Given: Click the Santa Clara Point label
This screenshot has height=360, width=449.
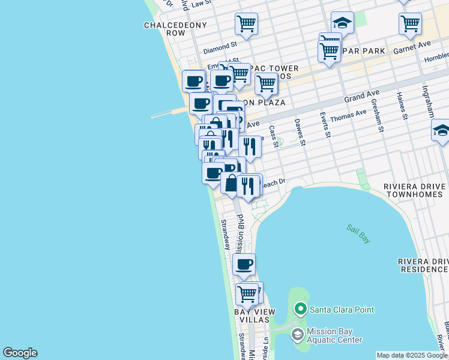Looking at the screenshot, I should point(342,310).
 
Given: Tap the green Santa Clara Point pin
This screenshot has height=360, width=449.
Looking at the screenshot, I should point(300,310).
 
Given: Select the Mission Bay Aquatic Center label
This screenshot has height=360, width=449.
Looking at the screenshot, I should point(334,335).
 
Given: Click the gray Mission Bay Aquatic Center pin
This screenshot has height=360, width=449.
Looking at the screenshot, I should point(297,335).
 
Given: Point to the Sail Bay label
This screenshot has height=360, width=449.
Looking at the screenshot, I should point(358,233).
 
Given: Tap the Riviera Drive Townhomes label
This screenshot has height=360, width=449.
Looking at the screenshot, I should point(416,190).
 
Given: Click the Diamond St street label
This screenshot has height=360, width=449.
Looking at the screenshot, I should point(220,46).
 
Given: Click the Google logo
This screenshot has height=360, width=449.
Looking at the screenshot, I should point(20,353).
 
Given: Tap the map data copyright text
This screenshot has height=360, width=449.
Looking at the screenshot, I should point(411,356).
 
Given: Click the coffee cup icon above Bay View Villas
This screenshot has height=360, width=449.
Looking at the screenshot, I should point(244,264).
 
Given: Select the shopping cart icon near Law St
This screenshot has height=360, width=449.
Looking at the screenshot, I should point(246,23).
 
